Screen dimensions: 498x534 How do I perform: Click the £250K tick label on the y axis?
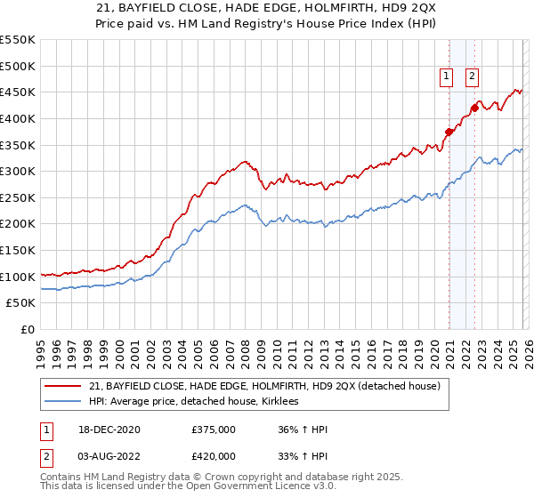18,197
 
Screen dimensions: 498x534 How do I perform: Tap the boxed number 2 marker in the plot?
471,76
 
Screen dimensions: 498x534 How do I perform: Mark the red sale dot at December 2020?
449,133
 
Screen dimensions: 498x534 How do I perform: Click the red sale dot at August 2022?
474,108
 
